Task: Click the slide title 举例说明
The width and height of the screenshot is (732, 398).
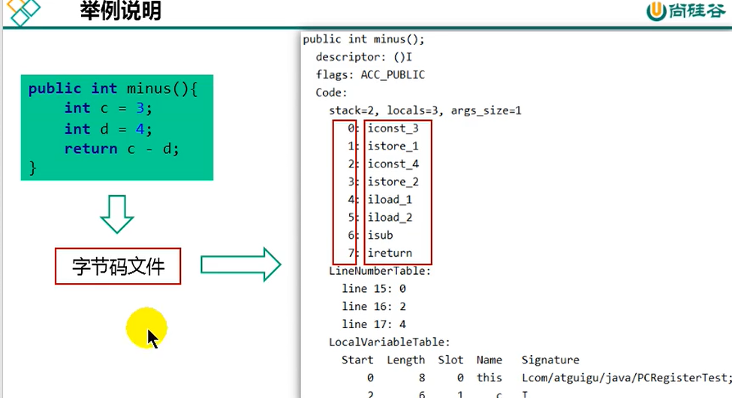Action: tap(120, 12)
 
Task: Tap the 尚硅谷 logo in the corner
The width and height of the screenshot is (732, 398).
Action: tap(686, 11)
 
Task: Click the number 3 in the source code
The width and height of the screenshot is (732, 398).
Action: tap(140, 108)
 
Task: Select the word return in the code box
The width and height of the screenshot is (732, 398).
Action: tap(90, 149)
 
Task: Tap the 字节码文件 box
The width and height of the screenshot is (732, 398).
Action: tap(118, 266)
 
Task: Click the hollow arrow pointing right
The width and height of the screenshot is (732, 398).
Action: tap(240, 264)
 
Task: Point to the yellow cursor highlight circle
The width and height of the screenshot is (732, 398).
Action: tap(146, 327)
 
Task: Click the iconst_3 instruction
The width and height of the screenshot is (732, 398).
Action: tap(393, 128)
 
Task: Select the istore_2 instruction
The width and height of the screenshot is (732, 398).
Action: tap(393, 182)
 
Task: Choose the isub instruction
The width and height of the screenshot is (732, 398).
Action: tap(380, 235)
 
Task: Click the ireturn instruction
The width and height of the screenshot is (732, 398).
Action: tap(390, 253)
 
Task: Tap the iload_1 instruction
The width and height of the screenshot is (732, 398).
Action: tap(390, 200)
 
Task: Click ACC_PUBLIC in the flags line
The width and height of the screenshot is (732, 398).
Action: tap(393, 75)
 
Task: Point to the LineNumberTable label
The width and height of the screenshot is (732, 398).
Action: tap(380, 270)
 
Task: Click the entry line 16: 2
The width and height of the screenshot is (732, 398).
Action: tap(374, 306)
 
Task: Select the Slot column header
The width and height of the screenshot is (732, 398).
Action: tap(450, 360)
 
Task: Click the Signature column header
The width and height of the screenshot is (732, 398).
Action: tap(550, 360)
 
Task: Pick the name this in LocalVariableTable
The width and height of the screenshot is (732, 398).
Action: tap(490, 378)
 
